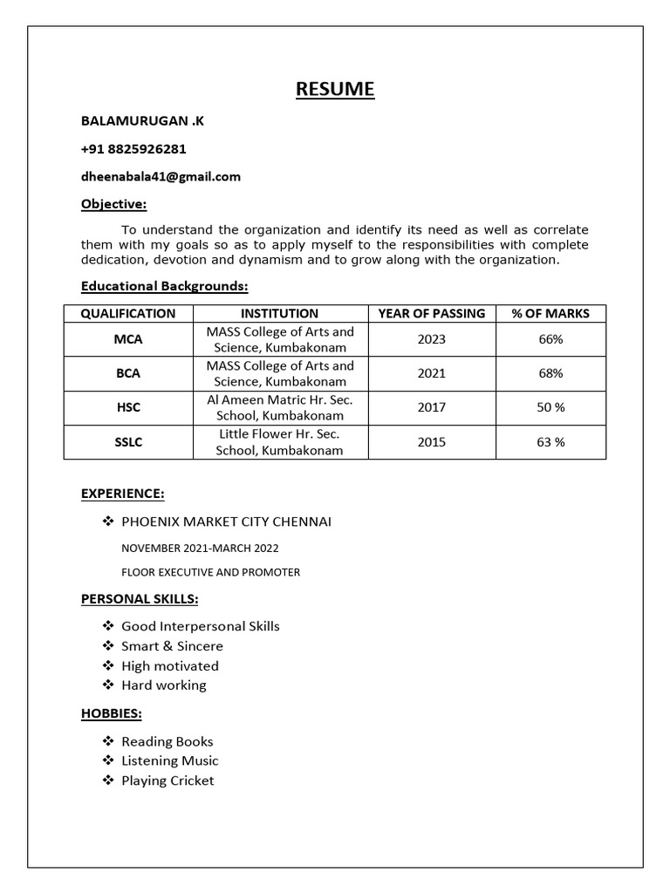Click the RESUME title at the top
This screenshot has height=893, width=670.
[x=335, y=89]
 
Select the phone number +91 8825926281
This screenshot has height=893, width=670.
[x=133, y=149]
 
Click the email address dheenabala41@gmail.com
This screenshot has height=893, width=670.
[x=161, y=177]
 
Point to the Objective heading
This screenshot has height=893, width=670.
[x=113, y=204]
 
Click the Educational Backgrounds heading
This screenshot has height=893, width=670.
[x=165, y=286]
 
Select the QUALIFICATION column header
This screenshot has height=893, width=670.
[x=128, y=313]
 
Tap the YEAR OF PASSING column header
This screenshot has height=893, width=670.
[x=431, y=313]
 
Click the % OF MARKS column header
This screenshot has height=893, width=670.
[x=550, y=313]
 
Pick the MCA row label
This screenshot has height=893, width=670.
[x=128, y=339]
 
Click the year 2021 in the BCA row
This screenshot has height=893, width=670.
[x=431, y=373]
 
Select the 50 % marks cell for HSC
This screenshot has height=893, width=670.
[x=550, y=407]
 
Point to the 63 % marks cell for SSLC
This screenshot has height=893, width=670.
[x=550, y=442]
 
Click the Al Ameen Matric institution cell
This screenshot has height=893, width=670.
[x=280, y=407]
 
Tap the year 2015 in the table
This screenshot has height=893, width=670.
[x=431, y=442]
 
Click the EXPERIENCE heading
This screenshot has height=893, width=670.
[x=122, y=494]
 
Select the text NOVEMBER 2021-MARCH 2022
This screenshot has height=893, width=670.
[x=200, y=548]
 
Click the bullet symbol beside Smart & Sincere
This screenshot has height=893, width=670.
[x=108, y=646]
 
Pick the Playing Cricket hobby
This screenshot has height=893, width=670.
[x=167, y=781]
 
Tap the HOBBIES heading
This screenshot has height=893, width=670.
[x=112, y=713]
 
